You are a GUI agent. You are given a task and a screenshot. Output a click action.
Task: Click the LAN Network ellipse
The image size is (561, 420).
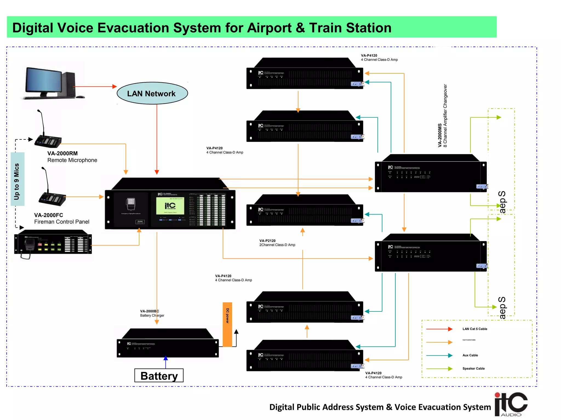click(x=152, y=94)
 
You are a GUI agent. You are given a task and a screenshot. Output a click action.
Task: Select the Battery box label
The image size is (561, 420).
click(x=159, y=376)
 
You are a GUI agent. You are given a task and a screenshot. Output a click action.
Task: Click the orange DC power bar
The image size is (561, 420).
click(x=227, y=324)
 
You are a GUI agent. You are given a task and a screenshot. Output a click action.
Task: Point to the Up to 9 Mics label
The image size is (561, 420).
click(x=17, y=179)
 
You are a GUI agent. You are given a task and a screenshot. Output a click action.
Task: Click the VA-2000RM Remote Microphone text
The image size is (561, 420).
click(x=72, y=157)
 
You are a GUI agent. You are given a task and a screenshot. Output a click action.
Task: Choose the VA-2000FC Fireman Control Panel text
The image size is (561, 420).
click(x=62, y=218)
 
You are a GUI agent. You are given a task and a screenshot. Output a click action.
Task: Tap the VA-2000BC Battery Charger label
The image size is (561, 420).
click(x=152, y=313)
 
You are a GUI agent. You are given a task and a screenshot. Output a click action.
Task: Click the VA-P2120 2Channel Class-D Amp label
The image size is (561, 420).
click(x=277, y=243)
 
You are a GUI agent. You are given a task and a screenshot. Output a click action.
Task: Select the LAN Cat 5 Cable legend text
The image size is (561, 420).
click(x=475, y=329)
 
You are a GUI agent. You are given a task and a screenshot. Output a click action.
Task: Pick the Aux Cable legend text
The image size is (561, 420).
click(x=470, y=355)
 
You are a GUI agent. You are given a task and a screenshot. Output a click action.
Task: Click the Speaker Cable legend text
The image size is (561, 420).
click(x=473, y=369)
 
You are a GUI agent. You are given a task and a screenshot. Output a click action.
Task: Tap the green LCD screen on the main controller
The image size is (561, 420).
click(x=170, y=206)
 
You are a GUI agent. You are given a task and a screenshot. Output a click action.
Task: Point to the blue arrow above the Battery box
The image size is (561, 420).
click(x=166, y=361)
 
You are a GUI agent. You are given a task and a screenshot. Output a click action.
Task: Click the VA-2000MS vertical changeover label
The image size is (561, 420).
click(x=442, y=116)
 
